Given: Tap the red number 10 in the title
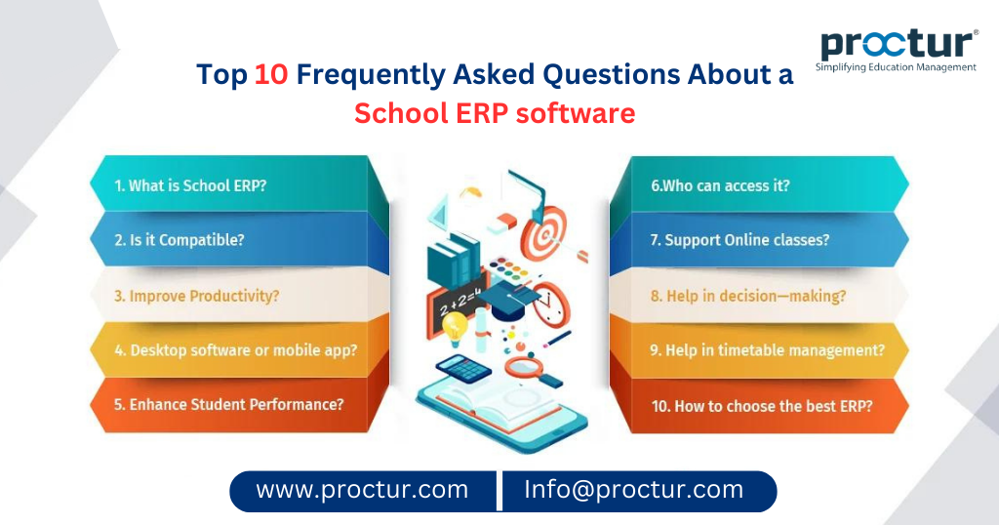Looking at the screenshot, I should tap(271, 76).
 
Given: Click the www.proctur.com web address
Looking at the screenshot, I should tap(362, 490).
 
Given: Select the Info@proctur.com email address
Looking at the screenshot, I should tap(634, 490).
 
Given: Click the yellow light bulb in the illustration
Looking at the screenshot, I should tap(454, 325).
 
